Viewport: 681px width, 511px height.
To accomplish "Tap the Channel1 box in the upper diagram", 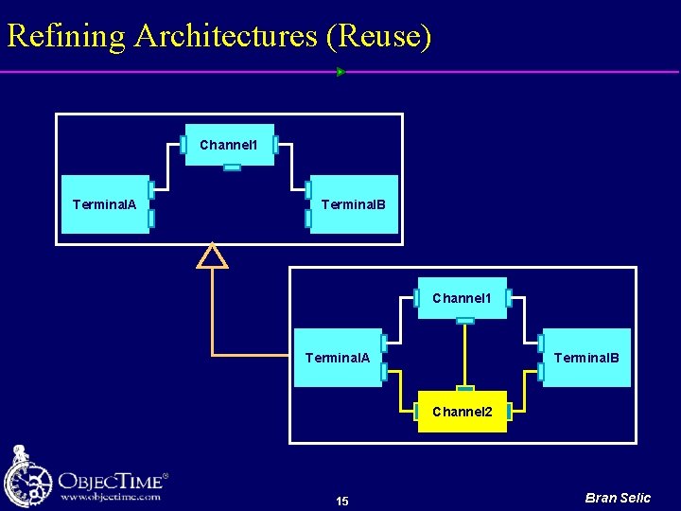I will click(x=229, y=145).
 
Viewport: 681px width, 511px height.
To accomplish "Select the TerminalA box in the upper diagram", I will click(x=105, y=204).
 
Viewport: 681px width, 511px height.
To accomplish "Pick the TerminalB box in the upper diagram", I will click(x=354, y=204).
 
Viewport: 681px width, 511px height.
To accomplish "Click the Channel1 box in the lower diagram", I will click(x=462, y=298).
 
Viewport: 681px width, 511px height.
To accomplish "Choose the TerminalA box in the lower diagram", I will click(x=338, y=358).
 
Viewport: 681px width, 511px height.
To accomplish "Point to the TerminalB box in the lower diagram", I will click(x=586, y=358).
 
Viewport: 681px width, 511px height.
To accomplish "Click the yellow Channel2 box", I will click(x=463, y=413).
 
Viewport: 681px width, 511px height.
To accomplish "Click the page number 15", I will click(x=342, y=501).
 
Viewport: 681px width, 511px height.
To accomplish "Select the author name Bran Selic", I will click(x=618, y=498).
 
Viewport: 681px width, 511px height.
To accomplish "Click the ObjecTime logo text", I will click(x=113, y=479).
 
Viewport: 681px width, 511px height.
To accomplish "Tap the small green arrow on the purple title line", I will click(x=340, y=72).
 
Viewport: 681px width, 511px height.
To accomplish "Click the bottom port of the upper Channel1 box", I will click(x=232, y=167).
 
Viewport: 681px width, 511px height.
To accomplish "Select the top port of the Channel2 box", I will click(x=464, y=388).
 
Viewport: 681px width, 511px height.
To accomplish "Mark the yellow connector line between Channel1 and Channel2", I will click(x=464, y=355).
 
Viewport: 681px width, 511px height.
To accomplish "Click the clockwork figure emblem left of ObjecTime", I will click(x=27, y=478).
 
